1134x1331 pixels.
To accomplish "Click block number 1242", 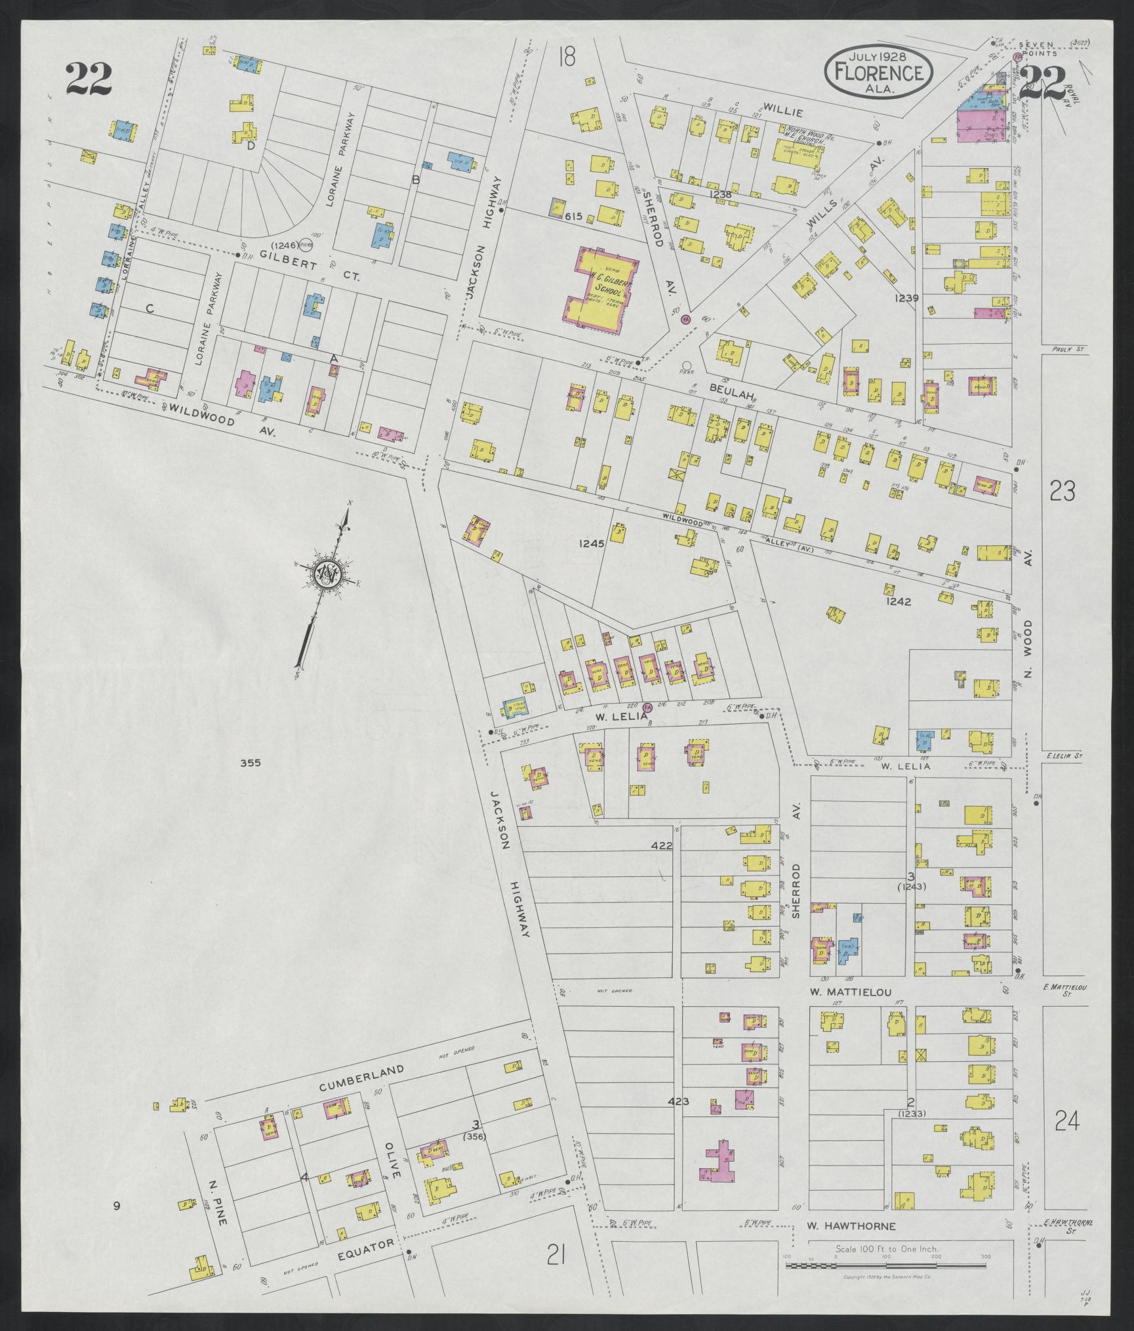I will pyautogui.click(x=898, y=601).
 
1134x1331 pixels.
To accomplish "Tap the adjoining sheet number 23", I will pyautogui.click(x=1062, y=490).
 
